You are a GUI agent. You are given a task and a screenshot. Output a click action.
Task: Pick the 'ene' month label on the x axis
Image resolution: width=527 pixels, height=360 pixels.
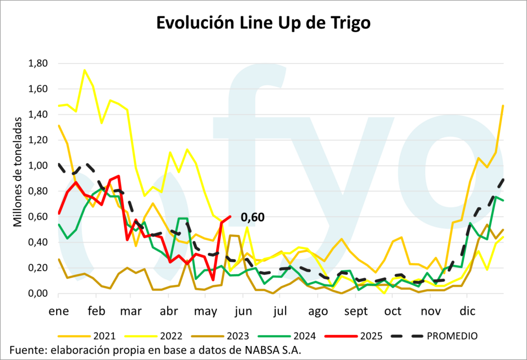tap(58, 311)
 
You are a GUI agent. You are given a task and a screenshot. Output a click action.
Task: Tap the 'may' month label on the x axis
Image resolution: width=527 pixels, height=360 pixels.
tap(206, 311)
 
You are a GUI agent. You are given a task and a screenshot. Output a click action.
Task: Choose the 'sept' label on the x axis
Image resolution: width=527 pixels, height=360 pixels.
tap(356, 311)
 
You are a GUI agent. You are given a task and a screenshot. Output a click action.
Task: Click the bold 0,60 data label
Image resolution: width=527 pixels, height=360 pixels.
tap(253, 218)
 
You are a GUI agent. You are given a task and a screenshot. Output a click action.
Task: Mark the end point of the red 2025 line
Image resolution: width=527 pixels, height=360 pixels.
tap(230, 217)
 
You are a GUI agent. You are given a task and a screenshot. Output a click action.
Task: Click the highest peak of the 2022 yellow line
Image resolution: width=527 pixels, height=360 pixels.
tap(84, 70)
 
